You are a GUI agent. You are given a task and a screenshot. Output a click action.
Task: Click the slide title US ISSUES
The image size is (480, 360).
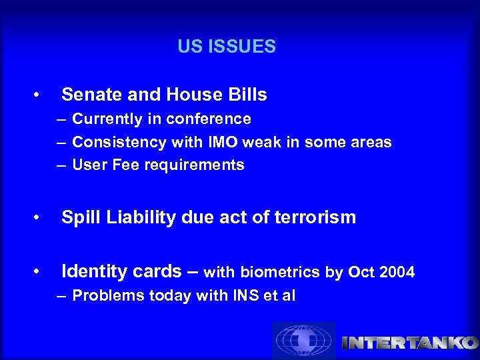[x=227, y=47]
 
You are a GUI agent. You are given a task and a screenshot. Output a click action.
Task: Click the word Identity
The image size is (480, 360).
[x=92, y=272]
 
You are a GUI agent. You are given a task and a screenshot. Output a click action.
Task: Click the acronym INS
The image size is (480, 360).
[x=236, y=295]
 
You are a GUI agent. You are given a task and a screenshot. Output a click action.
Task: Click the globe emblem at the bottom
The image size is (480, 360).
[x=303, y=341]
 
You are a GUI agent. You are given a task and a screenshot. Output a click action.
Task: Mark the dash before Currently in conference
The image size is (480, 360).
[x=61, y=120]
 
